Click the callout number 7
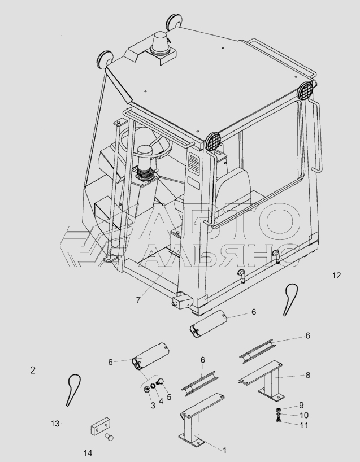tap(138, 300)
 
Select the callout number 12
tap(336, 276)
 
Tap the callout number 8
tap(307, 375)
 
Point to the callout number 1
tap(225, 450)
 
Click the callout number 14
tap(88, 453)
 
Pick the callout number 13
tap(55, 424)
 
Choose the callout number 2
tap(33, 370)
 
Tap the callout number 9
tap(301, 405)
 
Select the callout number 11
tap(303, 425)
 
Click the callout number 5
tap(169, 397)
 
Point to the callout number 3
tap(153, 406)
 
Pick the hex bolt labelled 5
tap(161, 382)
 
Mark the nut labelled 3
tap(146, 390)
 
